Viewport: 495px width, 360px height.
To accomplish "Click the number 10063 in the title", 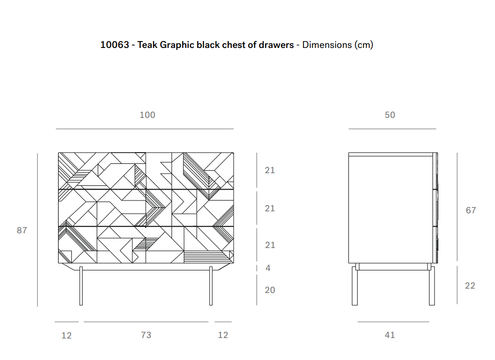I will click(114, 45).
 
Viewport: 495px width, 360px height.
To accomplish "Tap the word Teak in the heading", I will click(148, 45).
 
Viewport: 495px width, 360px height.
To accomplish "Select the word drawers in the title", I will click(277, 45).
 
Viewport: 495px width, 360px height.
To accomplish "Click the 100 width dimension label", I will click(147, 115).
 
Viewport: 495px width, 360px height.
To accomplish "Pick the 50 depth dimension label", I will click(390, 115).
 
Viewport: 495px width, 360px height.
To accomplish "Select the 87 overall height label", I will click(22, 230).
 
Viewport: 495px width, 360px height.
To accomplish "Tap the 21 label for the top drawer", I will click(270, 170).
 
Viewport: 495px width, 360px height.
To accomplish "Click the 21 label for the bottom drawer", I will click(270, 245).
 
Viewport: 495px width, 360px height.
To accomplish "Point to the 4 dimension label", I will click(268, 268).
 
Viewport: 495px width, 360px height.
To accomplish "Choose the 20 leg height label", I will click(270, 290).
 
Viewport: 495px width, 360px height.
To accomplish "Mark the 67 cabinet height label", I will click(471, 210).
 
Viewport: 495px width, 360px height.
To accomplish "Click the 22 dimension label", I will click(470, 286).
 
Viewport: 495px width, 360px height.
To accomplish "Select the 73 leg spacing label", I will click(146, 335).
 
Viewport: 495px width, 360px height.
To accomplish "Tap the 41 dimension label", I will click(390, 335).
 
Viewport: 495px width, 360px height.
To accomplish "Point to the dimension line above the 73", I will click(146, 322).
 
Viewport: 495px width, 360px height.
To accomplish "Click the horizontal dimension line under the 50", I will click(392, 129).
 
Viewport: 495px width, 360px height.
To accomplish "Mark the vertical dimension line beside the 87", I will click(38, 230).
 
